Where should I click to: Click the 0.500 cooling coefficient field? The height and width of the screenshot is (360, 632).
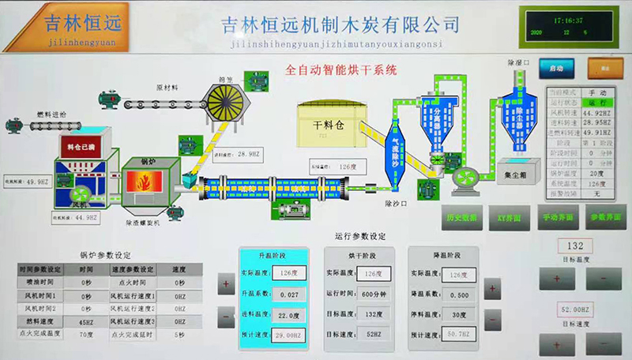click(x=457, y=293)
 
